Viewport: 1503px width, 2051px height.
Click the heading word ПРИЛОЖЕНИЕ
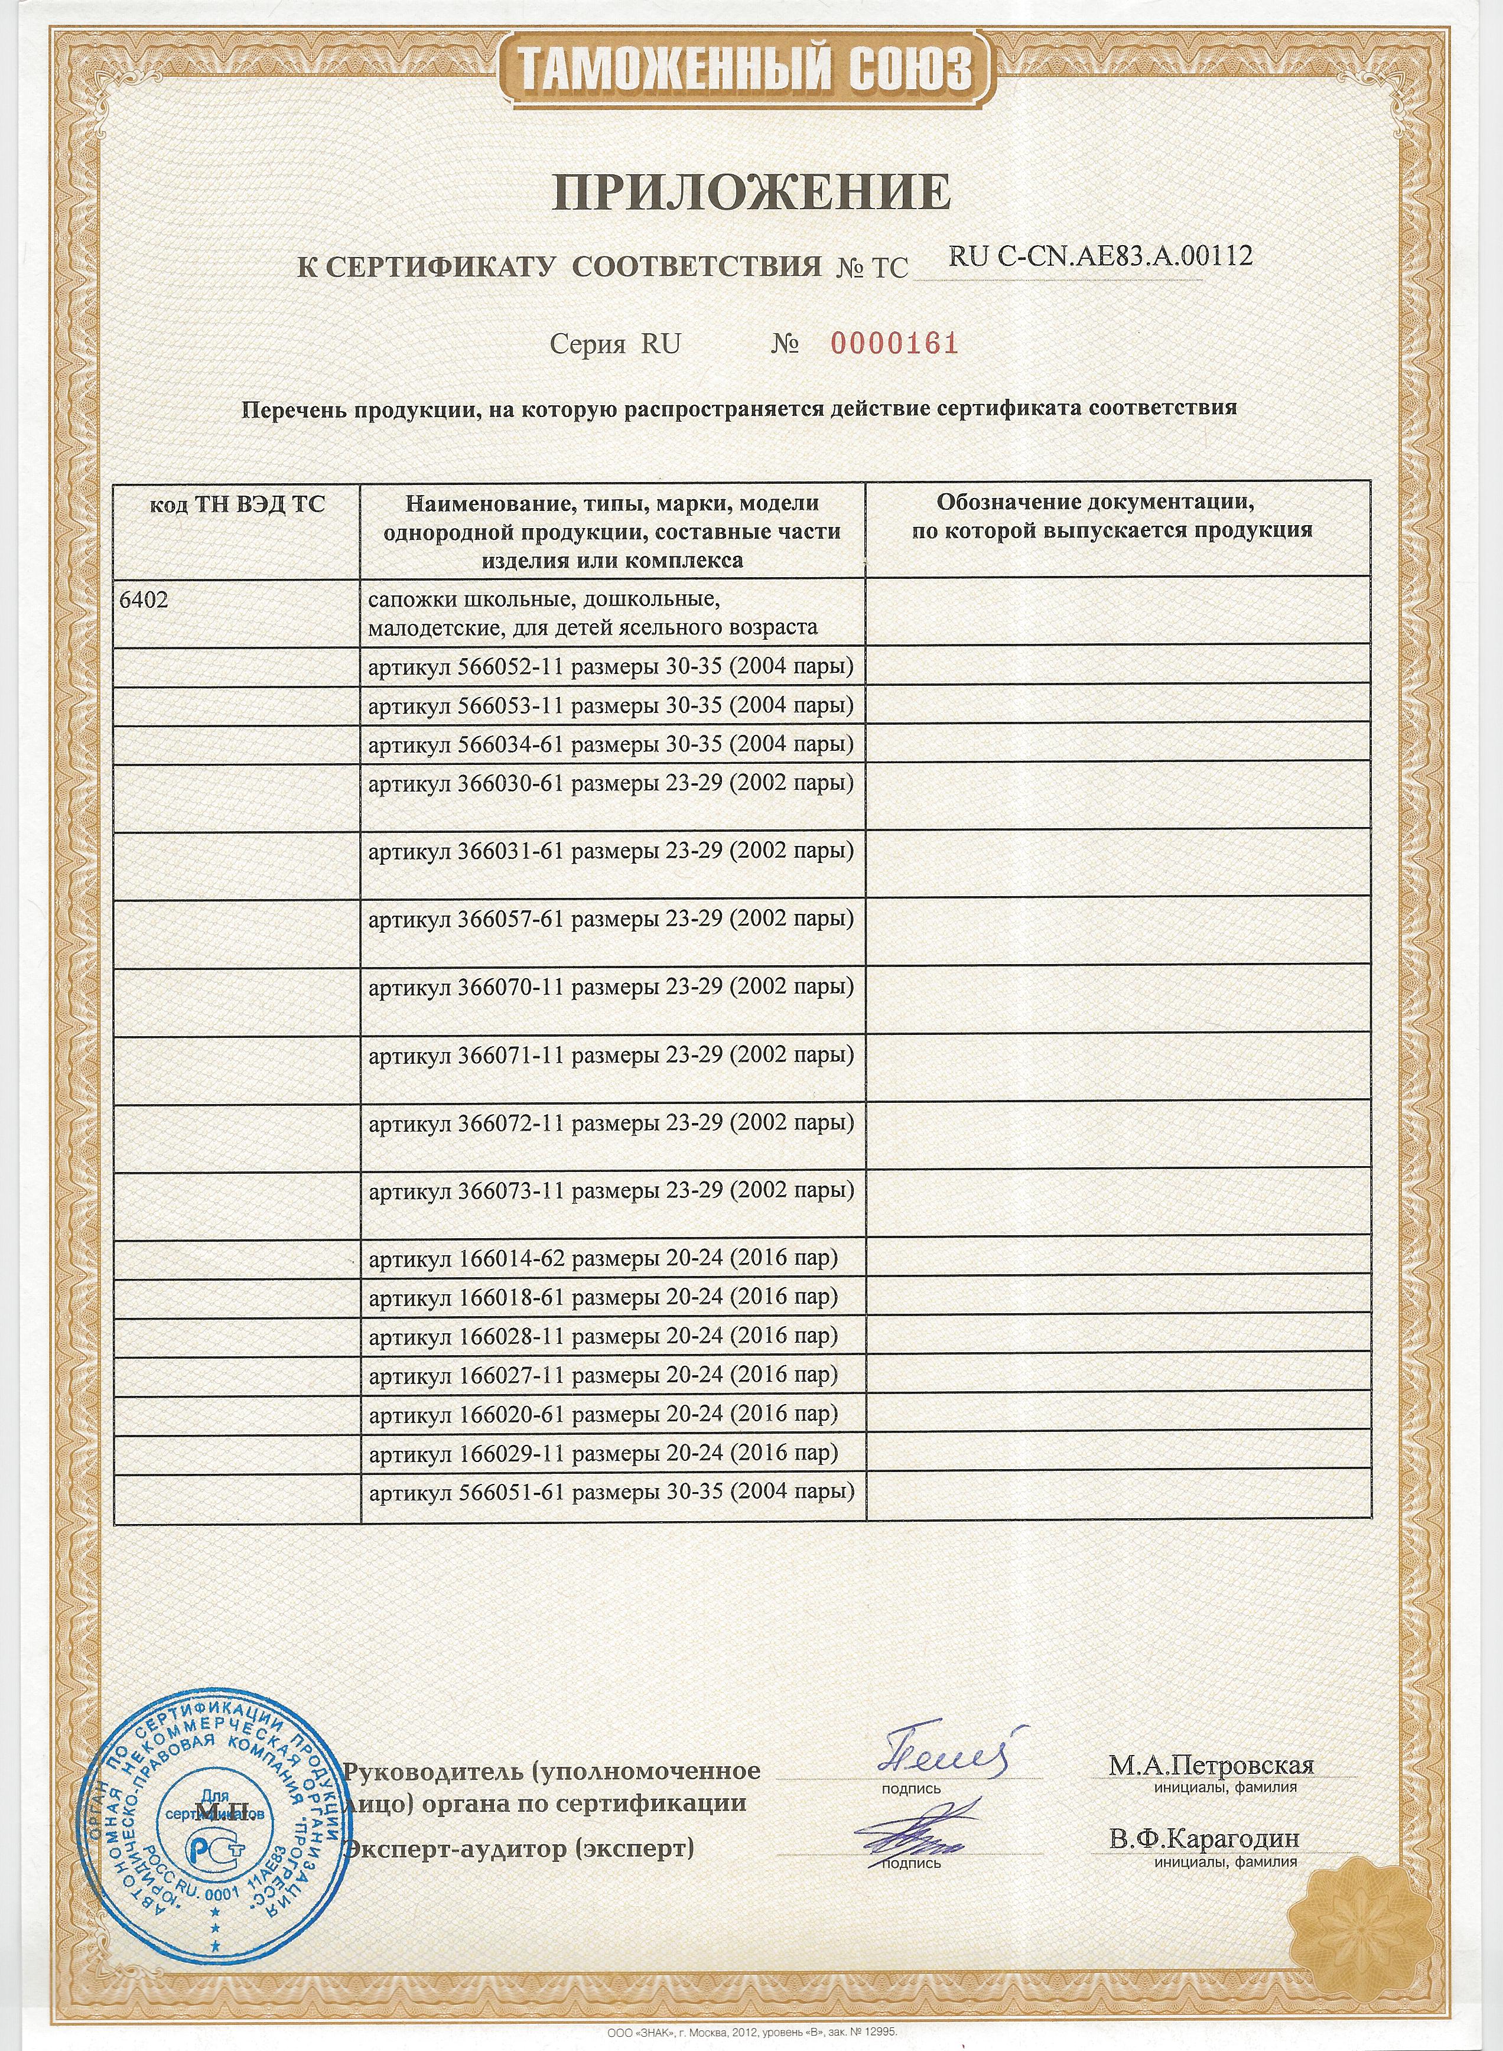751,192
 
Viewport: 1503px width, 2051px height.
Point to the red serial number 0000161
895,344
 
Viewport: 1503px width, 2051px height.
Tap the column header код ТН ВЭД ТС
236,505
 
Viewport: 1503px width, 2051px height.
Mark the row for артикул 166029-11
602,1453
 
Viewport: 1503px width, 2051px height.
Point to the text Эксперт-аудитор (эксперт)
519,1848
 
